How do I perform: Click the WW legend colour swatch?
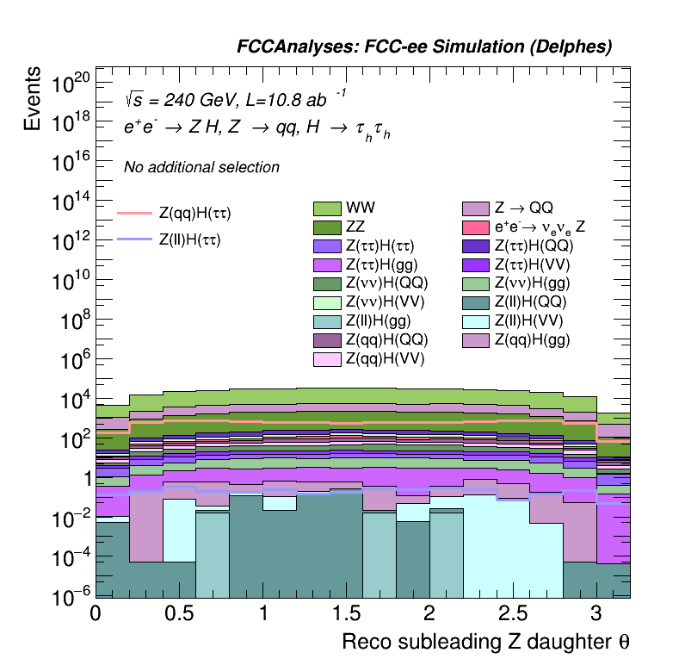coord(327,208)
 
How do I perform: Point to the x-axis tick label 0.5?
coord(179,612)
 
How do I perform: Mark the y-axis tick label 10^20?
coord(71,84)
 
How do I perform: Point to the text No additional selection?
coord(201,167)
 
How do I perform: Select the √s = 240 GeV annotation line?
coord(236,98)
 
